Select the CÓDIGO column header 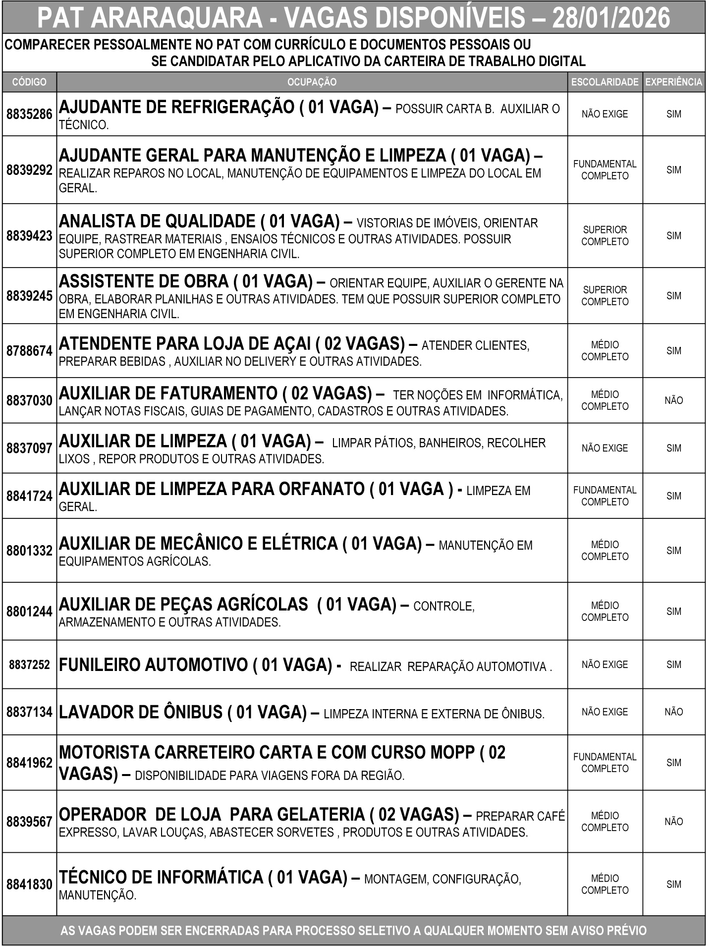point(29,82)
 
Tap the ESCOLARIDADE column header point(605,82)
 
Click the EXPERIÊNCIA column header point(674,82)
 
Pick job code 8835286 point(29,114)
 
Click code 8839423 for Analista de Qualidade point(29,236)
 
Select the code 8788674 point(29,351)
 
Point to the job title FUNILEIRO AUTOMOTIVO point(153,665)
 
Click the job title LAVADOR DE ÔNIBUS point(141,713)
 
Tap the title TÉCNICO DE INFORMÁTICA point(162,877)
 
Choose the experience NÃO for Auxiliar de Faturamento point(674,400)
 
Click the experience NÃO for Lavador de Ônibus point(674,712)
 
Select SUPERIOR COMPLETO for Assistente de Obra point(605,296)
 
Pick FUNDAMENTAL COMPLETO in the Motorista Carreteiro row point(605,763)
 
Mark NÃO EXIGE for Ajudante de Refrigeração point(605,114)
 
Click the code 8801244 point(29,612)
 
